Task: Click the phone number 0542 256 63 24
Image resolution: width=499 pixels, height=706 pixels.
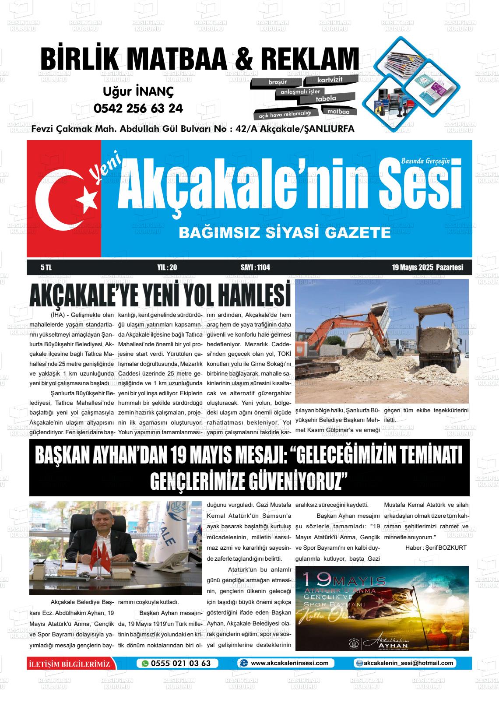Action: [x=138, y=108]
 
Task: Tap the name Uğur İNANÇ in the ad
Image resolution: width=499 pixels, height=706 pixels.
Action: [x=138, y=91]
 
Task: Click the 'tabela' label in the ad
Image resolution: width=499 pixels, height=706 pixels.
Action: [x=326, y=99]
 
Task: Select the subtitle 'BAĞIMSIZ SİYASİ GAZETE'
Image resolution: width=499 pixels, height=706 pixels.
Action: [x=285, y=232]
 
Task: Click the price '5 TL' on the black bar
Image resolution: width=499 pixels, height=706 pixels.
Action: [x=46, y=267]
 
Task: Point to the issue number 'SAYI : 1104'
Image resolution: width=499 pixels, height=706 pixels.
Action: [x=255, y=267]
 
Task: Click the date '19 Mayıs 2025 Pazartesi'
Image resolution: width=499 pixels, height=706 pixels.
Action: [x=427, y=267]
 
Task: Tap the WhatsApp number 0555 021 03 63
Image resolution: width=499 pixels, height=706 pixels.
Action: [x=180, y=663]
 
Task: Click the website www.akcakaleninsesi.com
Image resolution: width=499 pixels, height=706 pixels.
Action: [x=289, y=663]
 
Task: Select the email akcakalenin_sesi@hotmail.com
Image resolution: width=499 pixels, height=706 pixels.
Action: [x=408, y=663]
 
